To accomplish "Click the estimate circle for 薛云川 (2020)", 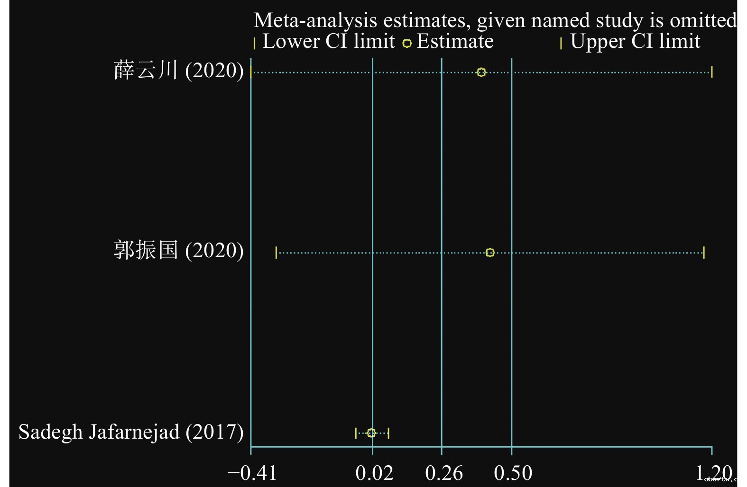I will pyautogui.click(x=481, y=72).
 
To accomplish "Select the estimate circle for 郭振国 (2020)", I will pyautogui.click(x=490, y=253).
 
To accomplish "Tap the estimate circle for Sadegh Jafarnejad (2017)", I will pyautogui.click(x=371, y=433).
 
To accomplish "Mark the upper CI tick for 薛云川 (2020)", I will pyautogui.click(x=712, y=72).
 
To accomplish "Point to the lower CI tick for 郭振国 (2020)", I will pyautogui.click(x=276, y=253).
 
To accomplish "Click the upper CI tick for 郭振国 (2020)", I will pyautogui.click(x=704, y=253).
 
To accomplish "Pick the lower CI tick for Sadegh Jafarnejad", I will pyautogui.click(x=356, y=433).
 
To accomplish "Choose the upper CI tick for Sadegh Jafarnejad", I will pyautogui.click(x=388, y=433).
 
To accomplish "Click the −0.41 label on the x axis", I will pyautogui.click(x=252, y=473).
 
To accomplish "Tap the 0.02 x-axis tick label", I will pyautogui.click(x=374, y=473).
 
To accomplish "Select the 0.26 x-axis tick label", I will pyautogui.click(x=444, y=473).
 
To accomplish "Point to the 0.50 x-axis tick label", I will pyautogui.click(x=513, y=473).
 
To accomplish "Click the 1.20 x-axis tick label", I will pyautogui.click(x=714, y=473).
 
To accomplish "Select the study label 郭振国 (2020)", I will pyautogui.click(x=178, y=251).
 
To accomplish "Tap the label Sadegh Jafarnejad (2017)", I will pyautogui.click(x=131, y=432).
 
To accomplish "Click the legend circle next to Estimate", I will pyautogui.click(x=407, y=44).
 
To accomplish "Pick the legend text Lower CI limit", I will pyautogui.click(x=328, y=42).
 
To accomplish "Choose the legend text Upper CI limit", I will pyautogui.click(x=635, y=42).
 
